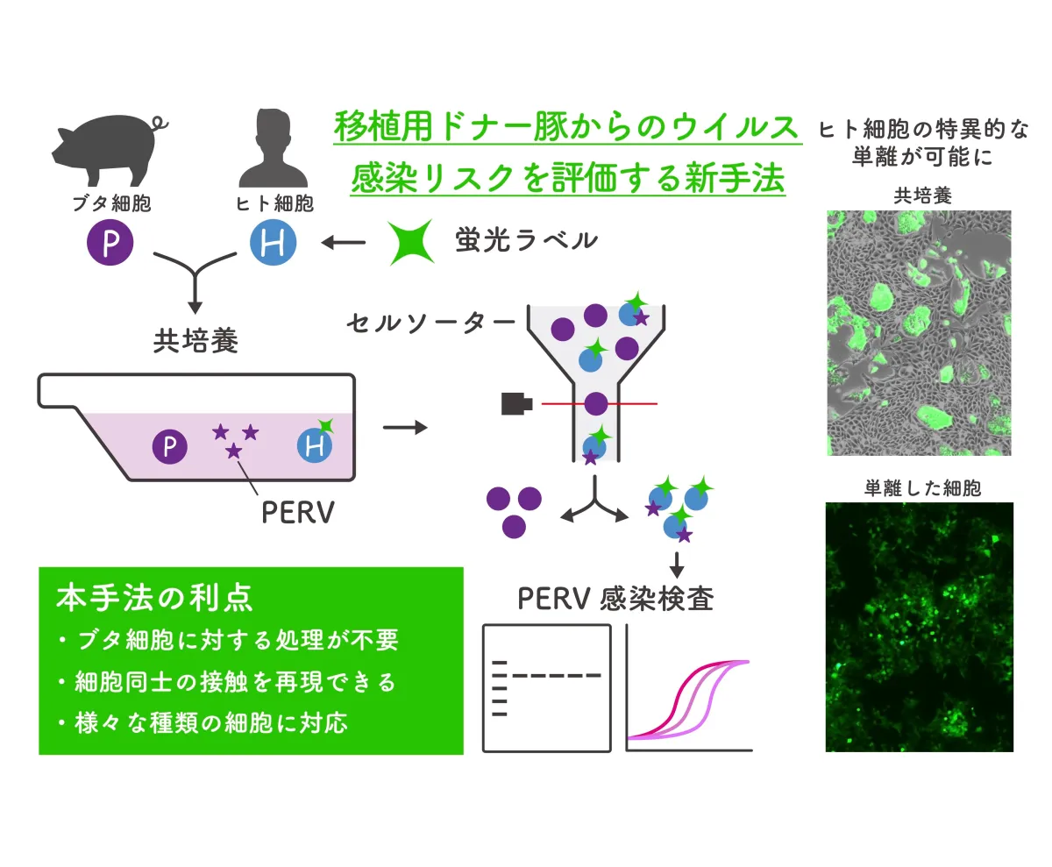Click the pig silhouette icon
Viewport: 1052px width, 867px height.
pyautogui.click(x=109, y=151)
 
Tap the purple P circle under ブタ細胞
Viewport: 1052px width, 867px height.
pyautogui.click(x=110, y=243)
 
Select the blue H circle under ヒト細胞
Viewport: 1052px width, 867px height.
pyautogui.click(x=273, y=242)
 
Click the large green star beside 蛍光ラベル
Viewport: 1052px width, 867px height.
pyautogui.click(x=410, y=242)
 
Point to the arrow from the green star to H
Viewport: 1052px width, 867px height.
pyautogui.click(x=343, y=243)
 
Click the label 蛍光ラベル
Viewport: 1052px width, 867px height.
pyautogui.click(x=526, y=240)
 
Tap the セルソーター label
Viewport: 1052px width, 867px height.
pyautogui.click(x=430, y=323)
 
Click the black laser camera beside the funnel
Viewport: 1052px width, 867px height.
pyautogui.click(x=516, y=404)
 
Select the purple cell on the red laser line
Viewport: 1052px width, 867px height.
pyautogui.click(x=596, y=404)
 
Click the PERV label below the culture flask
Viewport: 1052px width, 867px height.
pyautogui.click(x=298, y=513)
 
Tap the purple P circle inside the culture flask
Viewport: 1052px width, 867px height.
pyautogui.click(x=170, y=446)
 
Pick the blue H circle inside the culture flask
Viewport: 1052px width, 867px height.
pyautogui.click(x=315, y=445)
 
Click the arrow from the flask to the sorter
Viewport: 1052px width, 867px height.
pyautogui.click(x=405, y=428)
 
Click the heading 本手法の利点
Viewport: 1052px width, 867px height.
pyautogui.click(x=154, y=598)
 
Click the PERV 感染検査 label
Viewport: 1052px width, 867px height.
pyautogui.click(x=615, y=599)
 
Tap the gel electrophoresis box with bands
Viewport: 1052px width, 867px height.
pyautogui.click(x=547, y=689)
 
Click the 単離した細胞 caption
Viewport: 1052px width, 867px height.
pyautogui.click(x=922, y=488)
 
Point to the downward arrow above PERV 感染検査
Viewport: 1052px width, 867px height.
pyautogui.click(x=677, y=565)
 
